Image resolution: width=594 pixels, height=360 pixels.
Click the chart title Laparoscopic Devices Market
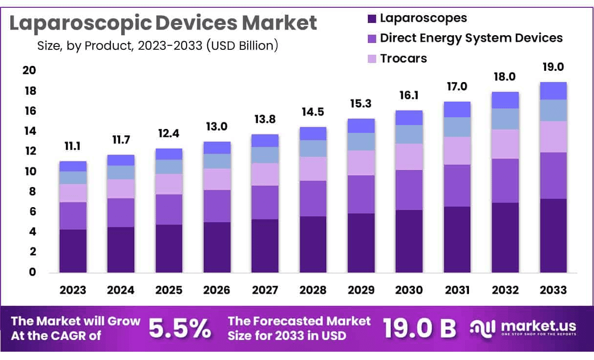(163, 23)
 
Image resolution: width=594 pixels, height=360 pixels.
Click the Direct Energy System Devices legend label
(471, 38)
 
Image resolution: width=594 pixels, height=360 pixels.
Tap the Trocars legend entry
(403, 58)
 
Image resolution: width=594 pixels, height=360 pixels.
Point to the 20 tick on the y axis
(29, 71)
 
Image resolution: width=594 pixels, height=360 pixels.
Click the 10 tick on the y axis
(29, 171)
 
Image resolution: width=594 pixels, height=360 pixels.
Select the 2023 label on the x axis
(73, 290)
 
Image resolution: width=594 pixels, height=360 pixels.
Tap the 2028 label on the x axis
(313, 290)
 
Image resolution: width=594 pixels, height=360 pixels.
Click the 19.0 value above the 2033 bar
(553, 67)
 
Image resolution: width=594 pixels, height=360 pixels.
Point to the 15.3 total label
(361, 104)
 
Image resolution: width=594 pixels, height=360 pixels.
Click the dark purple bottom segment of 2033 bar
(553, 235)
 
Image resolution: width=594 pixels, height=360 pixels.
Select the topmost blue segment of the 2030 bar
(409, 118)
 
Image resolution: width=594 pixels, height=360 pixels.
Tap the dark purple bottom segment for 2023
(73, 251)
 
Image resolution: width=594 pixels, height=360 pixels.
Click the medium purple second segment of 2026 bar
(217, 206)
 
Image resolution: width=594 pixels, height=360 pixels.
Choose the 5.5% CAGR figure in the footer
(179, 328)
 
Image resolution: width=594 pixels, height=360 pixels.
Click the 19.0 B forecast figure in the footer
(419, 328)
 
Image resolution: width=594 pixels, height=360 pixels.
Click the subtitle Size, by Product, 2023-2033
(157, 46)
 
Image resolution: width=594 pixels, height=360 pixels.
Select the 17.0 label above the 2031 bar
(457, 87)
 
